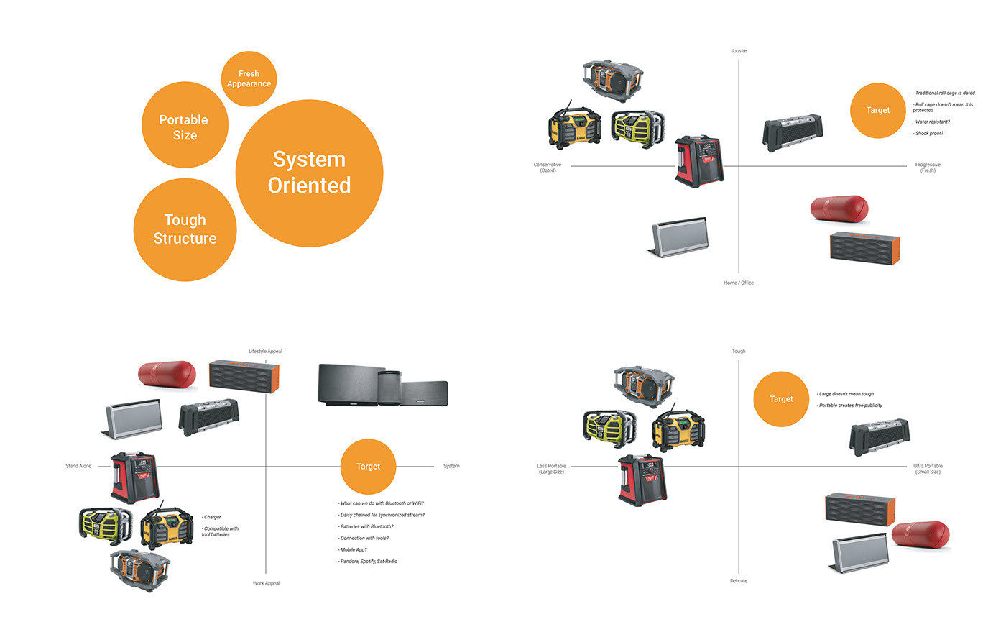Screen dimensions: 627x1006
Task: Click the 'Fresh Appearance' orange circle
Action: tap(249, 79)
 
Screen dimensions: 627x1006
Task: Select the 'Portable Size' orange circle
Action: tap(185, 126)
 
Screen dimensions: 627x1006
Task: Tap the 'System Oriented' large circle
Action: tap(309, 173)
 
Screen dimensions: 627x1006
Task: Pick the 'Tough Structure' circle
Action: tap(185, 229)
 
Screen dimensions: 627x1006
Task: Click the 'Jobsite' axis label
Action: tap(738, 51)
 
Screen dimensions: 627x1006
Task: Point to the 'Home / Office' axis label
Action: tap(738, 283)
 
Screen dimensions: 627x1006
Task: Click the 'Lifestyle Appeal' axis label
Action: tap(265, 352)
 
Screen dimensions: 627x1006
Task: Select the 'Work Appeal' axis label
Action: tap(266, 583)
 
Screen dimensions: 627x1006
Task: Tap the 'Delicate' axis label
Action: tap(738, 581)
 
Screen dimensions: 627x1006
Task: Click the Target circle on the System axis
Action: tap(368, 467)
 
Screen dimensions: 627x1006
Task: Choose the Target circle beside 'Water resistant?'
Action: tap(877, 111)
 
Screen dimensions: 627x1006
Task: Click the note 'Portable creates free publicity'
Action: tap(851, 406)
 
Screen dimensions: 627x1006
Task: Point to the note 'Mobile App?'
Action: tap(353, 549)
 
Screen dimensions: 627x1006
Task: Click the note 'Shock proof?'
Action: tap(928, 133)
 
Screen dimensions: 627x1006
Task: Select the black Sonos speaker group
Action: tap(382, 385)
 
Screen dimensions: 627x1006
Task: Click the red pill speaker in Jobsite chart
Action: tap(839, 208)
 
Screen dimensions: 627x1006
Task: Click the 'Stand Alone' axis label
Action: tap(78, 467)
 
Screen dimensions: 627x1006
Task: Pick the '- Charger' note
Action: tap(212, 517)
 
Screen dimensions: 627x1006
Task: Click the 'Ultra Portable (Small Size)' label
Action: tap(927, 469)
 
